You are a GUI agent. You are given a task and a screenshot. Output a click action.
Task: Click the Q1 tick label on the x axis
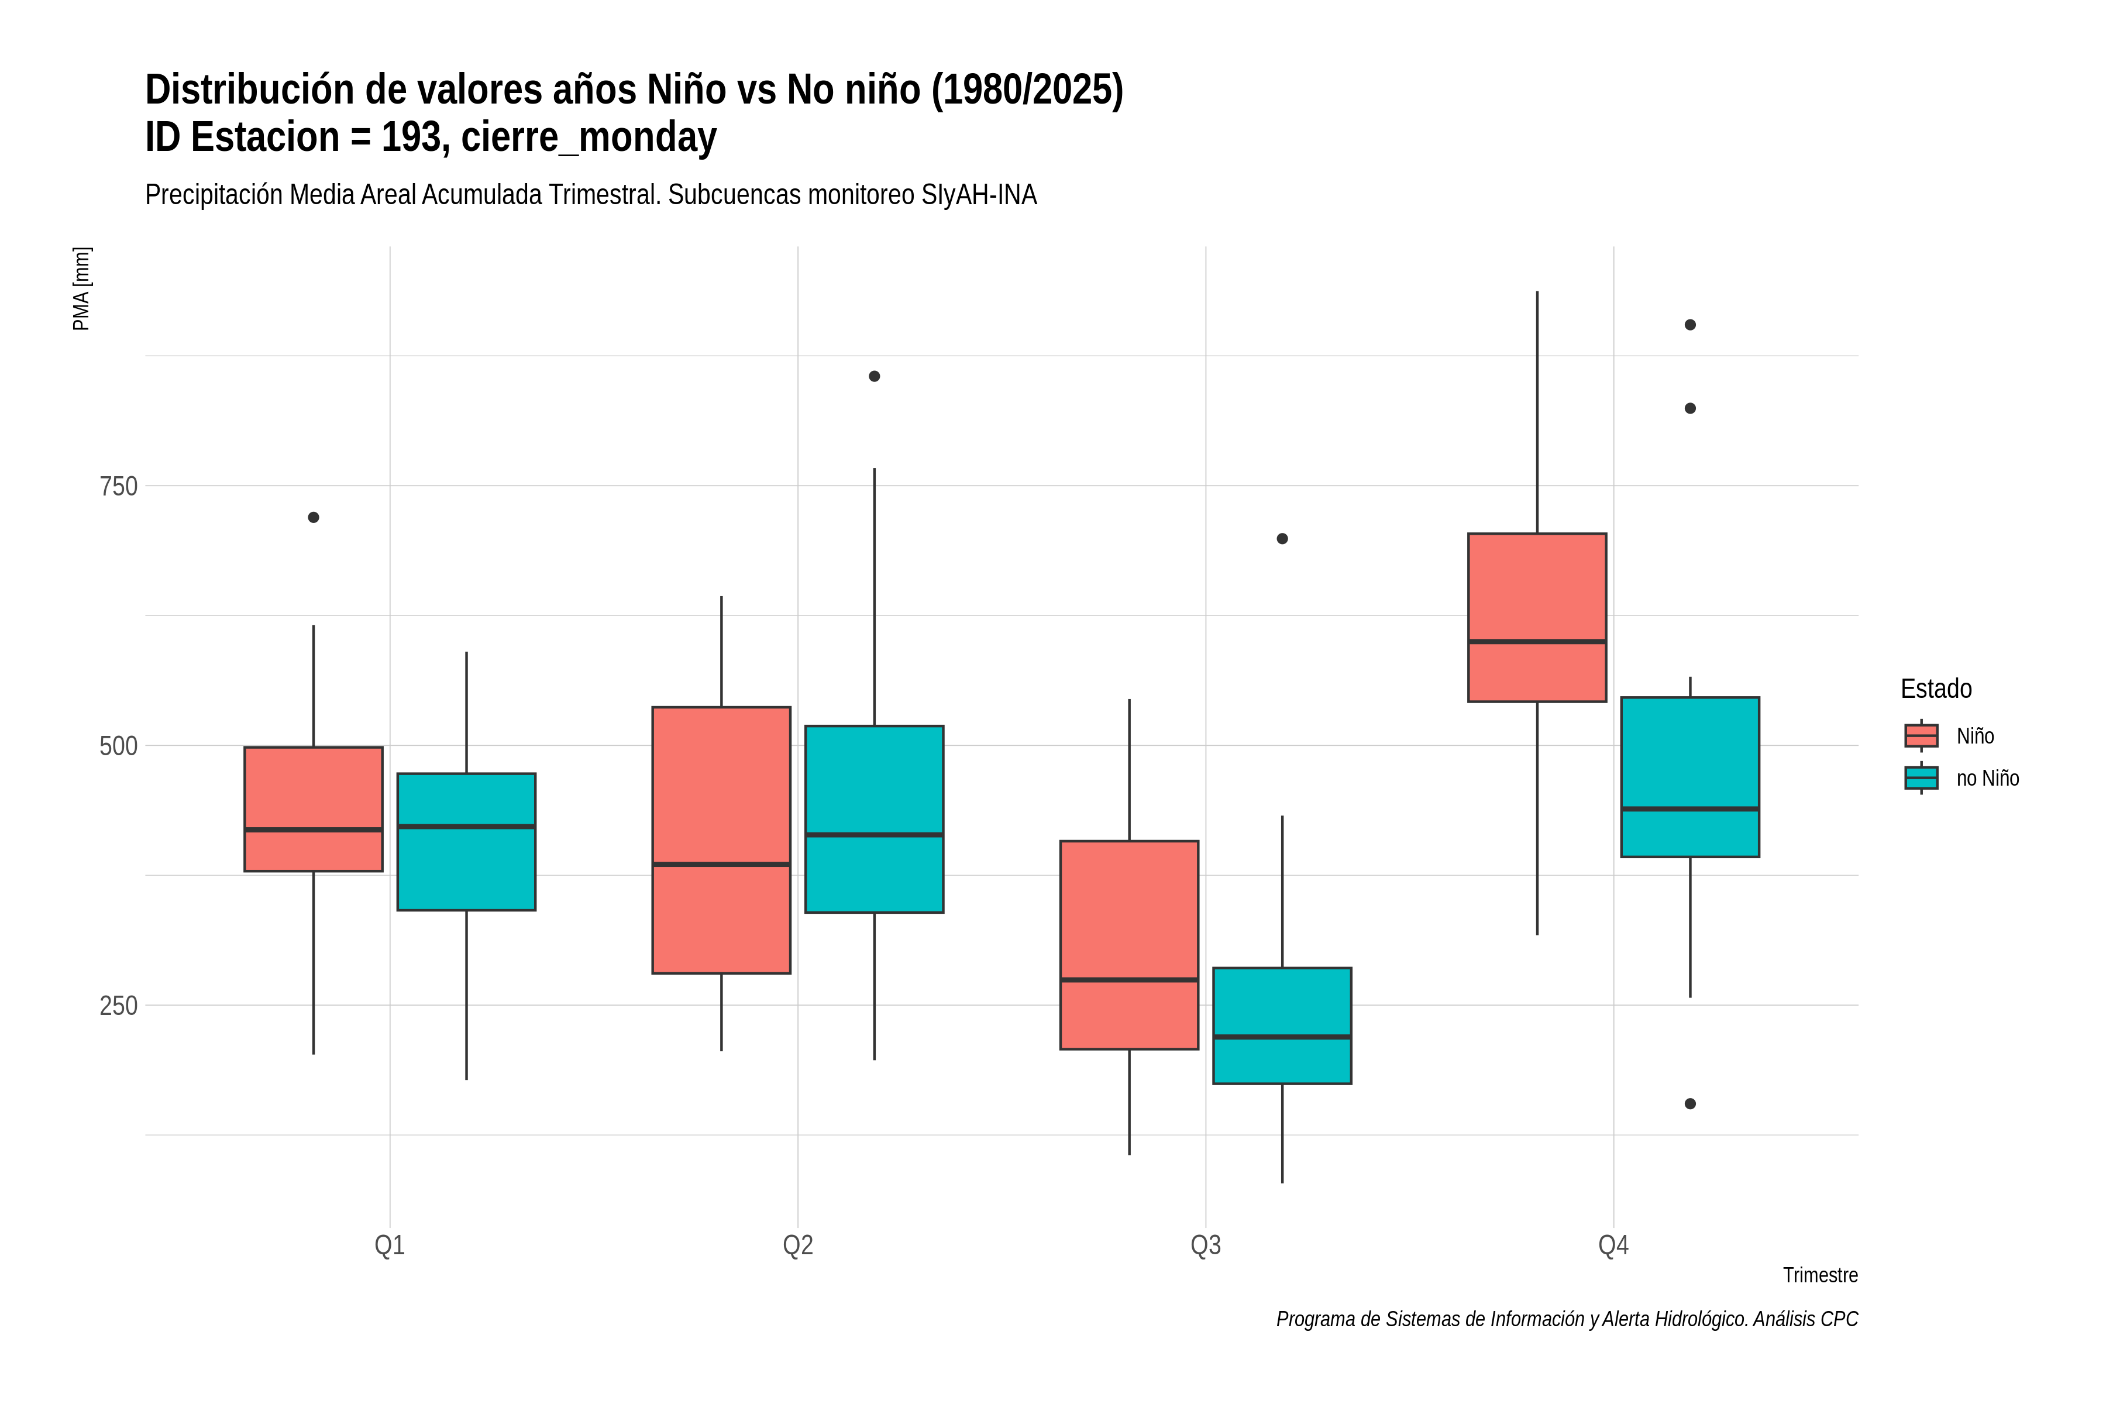click(x=390, y=1245)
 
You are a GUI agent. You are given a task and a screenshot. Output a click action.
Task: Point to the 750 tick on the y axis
click(x=118, y=486)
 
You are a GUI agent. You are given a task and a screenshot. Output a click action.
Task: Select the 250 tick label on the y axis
click(x=118, y=1006)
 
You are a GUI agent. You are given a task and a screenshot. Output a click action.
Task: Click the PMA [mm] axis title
click(x=81, y=288)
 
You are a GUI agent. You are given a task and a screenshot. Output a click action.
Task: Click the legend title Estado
click(x=1936, y=689)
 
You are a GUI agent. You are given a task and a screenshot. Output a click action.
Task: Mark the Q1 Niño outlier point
click(x=314, y=518)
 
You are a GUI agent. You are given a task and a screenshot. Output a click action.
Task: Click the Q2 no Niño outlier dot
click(x=874, y=376)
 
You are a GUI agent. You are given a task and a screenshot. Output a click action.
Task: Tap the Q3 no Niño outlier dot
click(x=1282, y=539)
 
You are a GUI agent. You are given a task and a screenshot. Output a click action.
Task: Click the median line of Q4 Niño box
click(x=1537, y=642)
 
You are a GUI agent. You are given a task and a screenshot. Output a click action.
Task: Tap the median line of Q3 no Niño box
click(x=1282, y=1037)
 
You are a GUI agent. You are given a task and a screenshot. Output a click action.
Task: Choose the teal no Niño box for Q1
click(x=466, y=842)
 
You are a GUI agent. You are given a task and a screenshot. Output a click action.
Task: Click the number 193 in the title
click(x=411, y=137)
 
